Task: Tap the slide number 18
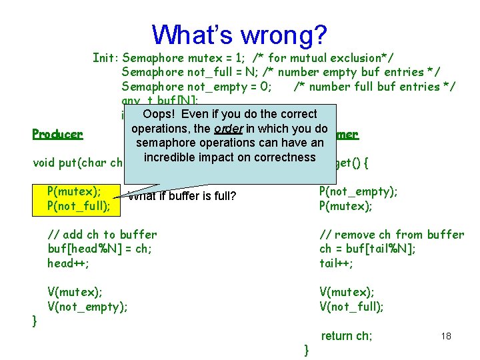446,336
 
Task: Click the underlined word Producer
57,134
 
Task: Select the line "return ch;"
347,336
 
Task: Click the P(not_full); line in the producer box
79,206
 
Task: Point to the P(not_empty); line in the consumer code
359,191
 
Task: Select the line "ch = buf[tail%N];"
368,249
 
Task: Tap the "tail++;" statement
337,263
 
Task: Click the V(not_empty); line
87,307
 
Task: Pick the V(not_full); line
351,307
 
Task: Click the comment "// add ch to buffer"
102,235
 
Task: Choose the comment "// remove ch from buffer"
392,235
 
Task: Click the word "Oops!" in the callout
158,114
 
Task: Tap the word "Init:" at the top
105,57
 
